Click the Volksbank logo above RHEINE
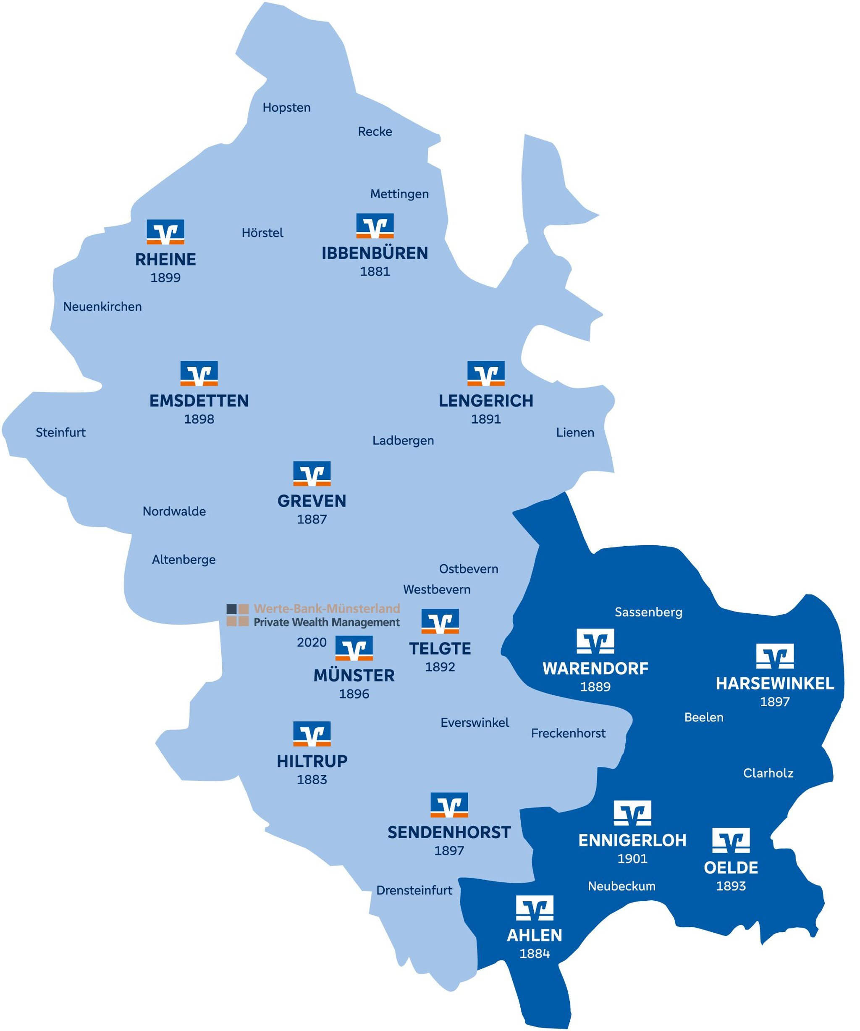tap(165, 232)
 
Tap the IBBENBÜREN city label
tap(375, 253)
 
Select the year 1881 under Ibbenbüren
tap(375, 271)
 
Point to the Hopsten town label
tap(286, 108)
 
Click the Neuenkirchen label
tap(102, 307)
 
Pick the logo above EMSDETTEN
tap(199, 373)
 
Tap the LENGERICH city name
tap(486, 401)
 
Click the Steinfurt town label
tap(61, 433)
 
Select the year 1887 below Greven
tap(312, 519)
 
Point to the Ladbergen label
tap(403, 440)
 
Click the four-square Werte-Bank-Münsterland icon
tap(237, 615)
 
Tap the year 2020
tap(312, 642)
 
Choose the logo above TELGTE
tap(440, 621)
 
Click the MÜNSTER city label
tap(354, 676)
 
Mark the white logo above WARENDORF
tap(595, 641)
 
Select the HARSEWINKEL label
tap(775, 684)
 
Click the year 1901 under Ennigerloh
tap(632, 859)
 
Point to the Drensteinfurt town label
tap(414, 890)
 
